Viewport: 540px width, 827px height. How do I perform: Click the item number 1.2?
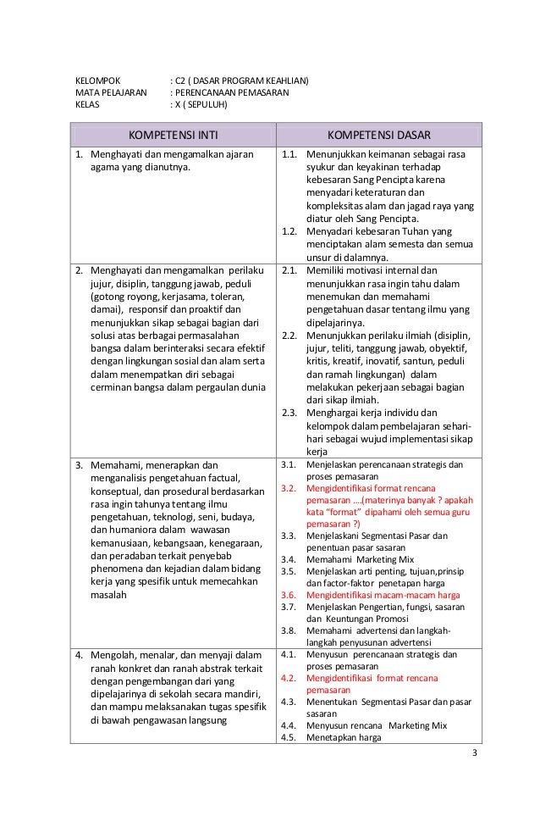pos(289,231)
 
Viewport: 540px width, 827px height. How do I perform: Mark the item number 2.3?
pos(289,413)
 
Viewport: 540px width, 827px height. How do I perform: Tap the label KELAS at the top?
pos(87,106)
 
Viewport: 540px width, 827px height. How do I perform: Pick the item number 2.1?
pos(289,270)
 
